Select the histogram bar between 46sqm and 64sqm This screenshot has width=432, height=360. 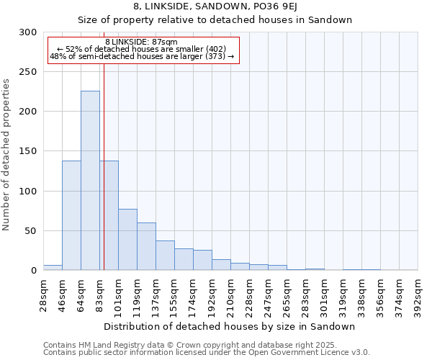tap(71, 215)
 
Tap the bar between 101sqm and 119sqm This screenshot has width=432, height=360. tap(127, 239)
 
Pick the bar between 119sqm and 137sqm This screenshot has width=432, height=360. tap(146, 246)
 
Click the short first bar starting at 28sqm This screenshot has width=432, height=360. tap(53, 268)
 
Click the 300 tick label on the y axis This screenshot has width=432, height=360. tap(28, 32)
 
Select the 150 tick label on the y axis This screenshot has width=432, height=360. tap(28, 151)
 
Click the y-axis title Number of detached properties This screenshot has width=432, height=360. tap(6, 155)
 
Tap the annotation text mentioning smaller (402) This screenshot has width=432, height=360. tap(141, 49)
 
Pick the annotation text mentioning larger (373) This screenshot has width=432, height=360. tap(142, 56)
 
